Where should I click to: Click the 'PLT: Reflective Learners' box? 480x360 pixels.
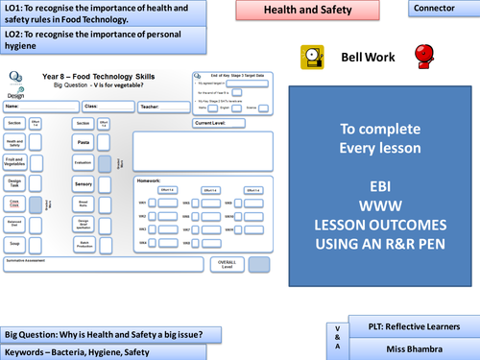413,325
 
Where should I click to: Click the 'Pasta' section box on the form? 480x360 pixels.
83,141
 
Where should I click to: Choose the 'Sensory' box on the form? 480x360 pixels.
83,183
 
